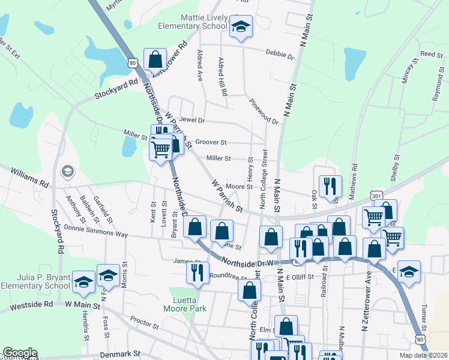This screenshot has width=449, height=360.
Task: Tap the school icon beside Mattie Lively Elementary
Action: pyautogui.click(x=241, y=27)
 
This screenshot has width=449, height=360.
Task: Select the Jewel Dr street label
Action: pyautogui.click(x=191, y=120)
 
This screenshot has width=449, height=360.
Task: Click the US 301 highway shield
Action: pyautogui.click(x=376, y=196)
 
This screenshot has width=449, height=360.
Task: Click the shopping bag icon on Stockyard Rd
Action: pyautogui.click(x=155, y=59)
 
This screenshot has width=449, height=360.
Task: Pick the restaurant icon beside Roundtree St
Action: pyautogui.click(x=197, y=272)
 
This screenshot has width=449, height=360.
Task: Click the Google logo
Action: pyautogui.click(x=20, y=352)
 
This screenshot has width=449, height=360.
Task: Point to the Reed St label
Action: pyautogui.click(x=431, y=54)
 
